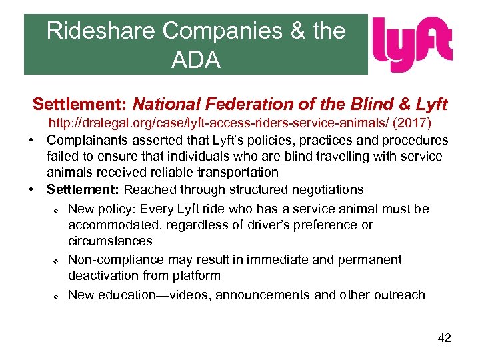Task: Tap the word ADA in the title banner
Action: tap(195, 60)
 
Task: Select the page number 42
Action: tap(444, 338)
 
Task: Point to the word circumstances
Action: tap(110, 241)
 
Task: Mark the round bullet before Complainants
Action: tap(32, 141)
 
